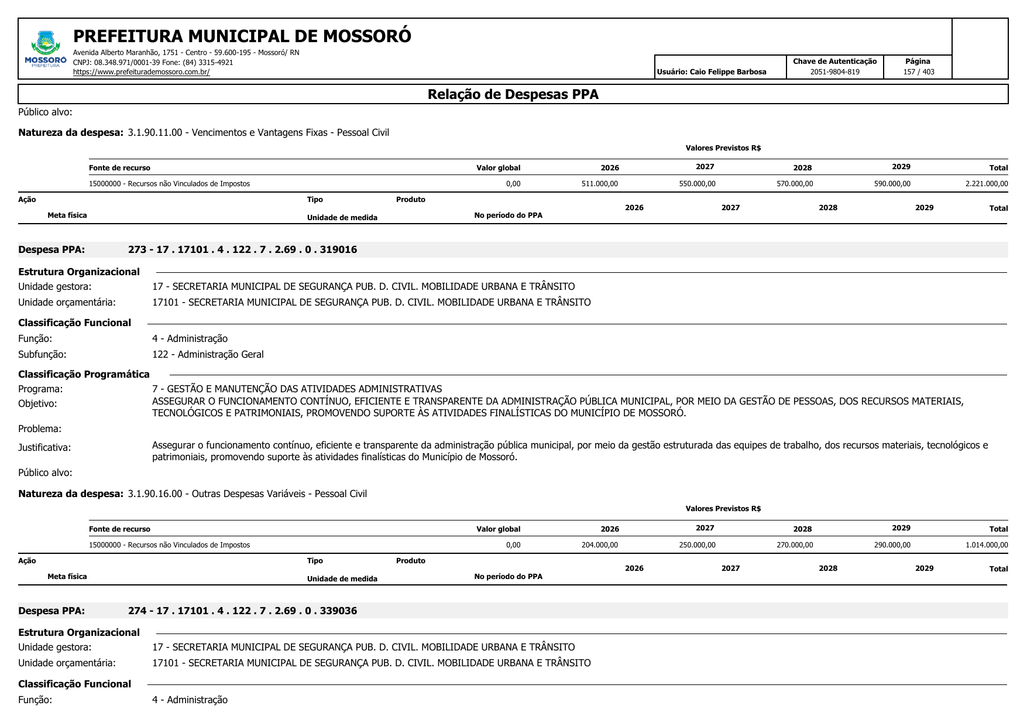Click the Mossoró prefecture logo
tap(46, 49)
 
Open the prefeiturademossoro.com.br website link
tap(141, 72)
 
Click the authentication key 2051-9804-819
tap(834, 72)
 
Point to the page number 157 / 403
tap(918, 72)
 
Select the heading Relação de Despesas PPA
tap(513, 94)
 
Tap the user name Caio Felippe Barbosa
tap(727, 72)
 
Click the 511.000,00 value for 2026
tap(599, 184)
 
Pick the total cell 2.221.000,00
tap(986, 184)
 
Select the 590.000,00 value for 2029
tap(892, 184)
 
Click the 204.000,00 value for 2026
tap(599, 545)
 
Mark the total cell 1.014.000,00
tap(986, 545)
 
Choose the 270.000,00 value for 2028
tap(794, 545)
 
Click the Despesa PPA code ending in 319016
tap(242, 249)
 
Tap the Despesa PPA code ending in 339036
tap(242, 611)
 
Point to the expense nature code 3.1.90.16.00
tap(155, 494)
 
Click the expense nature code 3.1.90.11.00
tap(155, 132)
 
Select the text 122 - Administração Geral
tap(208, 354)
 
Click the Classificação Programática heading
tap(84, 374)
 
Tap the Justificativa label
tap(44, 447)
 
